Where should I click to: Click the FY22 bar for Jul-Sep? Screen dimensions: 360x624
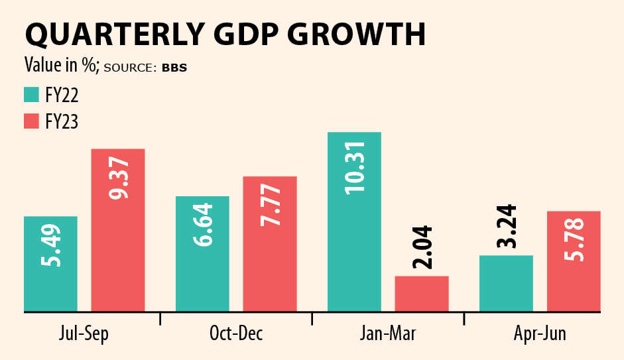click(x=50, y=264)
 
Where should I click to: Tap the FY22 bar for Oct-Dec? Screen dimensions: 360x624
click(x=202, y=254)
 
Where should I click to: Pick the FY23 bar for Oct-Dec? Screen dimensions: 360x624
click(x=269, y=244)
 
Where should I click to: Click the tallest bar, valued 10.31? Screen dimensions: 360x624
click(x=354, y=221)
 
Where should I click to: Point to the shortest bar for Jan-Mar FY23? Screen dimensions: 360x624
click(x=422, y=294)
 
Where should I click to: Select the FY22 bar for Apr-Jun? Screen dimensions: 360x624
click(x=506, y=283)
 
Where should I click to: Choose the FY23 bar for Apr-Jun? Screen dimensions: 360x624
click(x=574, y=261)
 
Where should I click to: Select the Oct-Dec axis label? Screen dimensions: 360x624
click(x=236, y=333)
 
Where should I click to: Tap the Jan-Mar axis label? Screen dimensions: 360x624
click(x=388, y=333)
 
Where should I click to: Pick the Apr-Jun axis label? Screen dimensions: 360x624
click(x=539, y=333)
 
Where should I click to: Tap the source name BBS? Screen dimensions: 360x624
click(x=174, y=68)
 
